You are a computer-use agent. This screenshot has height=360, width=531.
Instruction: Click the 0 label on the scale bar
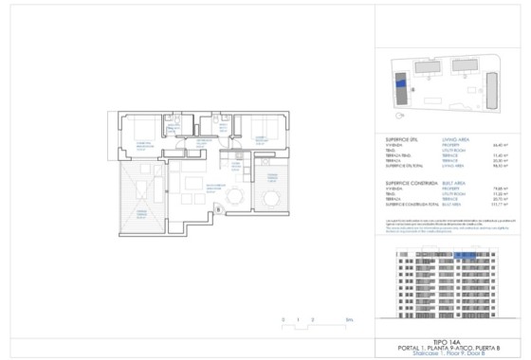pyautogui.click(x=284, y=320)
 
